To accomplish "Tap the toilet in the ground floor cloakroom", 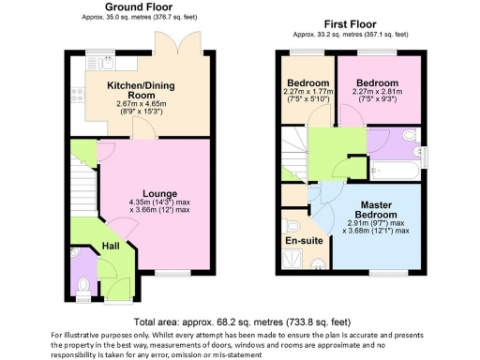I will pyautogui.click(x=82, y=283).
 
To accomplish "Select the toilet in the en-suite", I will pyautogui.click(x=292, y=226).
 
